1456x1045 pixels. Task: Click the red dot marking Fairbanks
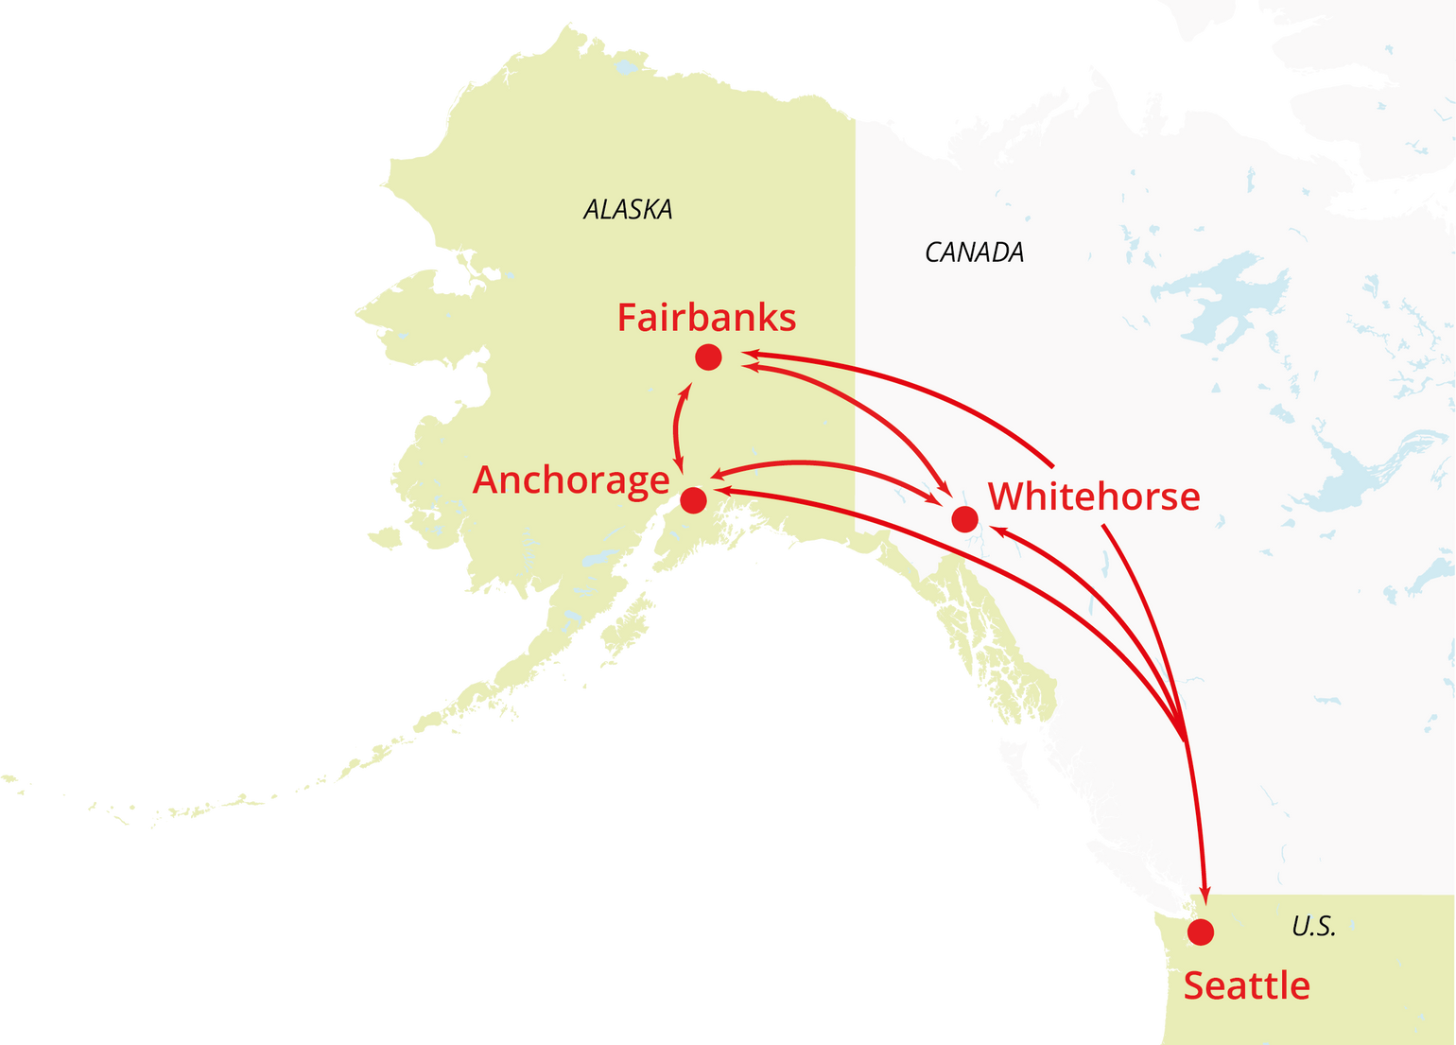(708, 357)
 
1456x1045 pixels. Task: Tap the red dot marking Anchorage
(693, 500)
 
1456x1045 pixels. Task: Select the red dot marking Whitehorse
(964, 519)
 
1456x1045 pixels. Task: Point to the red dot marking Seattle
(1201, 932)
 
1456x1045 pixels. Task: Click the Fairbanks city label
(706, 318)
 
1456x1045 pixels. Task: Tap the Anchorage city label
(571, 480)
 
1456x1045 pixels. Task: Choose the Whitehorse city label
(1094, 496)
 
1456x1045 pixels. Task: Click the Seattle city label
(1246, 986)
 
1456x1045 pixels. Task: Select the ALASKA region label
(628, 210)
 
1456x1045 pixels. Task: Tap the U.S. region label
(1313, 927)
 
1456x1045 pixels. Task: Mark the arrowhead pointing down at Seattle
(1205, 893)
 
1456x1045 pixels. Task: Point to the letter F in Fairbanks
(628, 318)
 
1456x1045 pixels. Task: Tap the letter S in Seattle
(1195, 986)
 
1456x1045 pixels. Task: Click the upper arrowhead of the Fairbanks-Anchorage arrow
(686, 390)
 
